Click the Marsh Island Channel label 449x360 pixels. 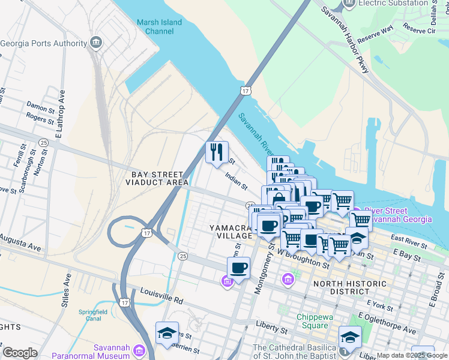(158, 26)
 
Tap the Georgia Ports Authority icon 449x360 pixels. (95, 43)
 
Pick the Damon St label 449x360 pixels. (40, 106)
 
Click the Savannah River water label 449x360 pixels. (256, 136)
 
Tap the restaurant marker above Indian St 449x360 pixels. (217, 152)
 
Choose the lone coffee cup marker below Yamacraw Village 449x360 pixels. (238, 268)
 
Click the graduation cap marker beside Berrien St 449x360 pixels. (167, 334)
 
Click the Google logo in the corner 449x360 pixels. (20, 353)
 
